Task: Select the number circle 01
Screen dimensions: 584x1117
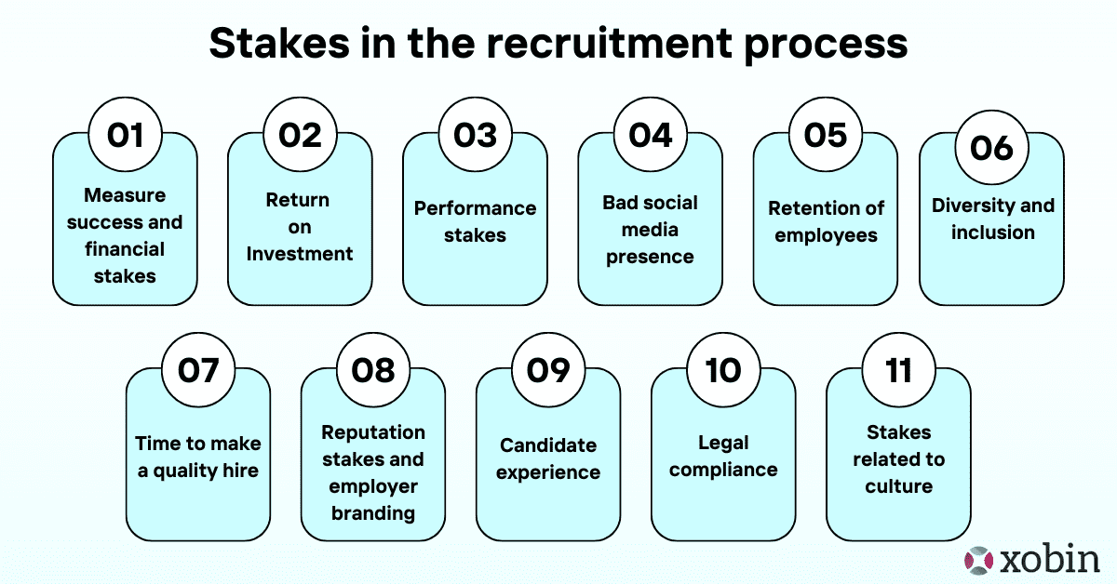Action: pyautogui.click(x=125, y=136)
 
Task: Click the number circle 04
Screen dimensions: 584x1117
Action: pyautogui.click(x=650, y=136)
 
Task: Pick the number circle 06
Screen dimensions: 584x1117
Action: pyautogui.click(x=991, y=148)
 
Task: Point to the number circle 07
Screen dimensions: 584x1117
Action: pyautogui.click(x=198, y=370)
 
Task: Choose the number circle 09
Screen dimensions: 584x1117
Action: pyautogui.click(x=548, y=370)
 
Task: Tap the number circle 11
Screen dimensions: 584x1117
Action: pyautogui.click(x=898, y=370)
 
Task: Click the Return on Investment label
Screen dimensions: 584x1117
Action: pyautogui.click(x=299, y=227)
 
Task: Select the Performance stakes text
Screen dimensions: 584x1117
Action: pyautogui.click(x=475, y=221)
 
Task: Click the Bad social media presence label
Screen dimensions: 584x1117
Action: pyautogui.click(x=650, y=229)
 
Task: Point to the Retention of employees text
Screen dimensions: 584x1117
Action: pyautogui.click(x=826, y=221)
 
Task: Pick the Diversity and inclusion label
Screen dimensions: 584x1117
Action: pyautogui.click(x=992, y=219)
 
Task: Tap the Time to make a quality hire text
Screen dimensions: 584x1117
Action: pyautogui.click(x=198, y=457)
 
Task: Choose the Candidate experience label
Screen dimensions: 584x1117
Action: pyautogui.click(x=548, y=458)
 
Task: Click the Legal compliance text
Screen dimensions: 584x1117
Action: pyautogui.click(x=723, y=456)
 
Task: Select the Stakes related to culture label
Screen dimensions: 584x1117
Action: pyautogui.click(x=898, y=458)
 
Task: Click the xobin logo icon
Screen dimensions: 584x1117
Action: pyautogui.click(x=980, y=560)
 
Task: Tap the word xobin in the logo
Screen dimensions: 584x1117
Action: pyautogui.click(x=1050, y=560)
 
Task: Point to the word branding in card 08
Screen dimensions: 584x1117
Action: pyautogui.click(x=373, y=512)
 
